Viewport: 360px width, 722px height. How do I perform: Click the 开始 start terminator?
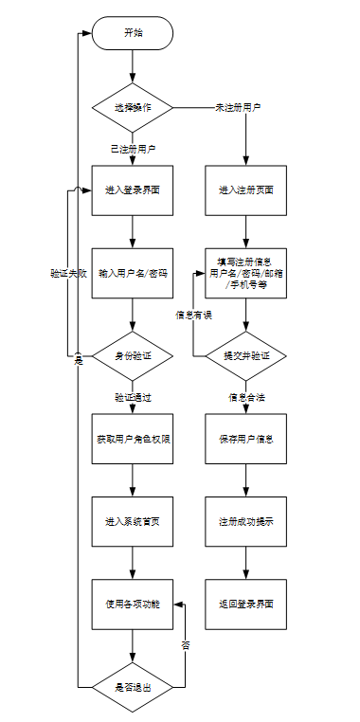(133, 33)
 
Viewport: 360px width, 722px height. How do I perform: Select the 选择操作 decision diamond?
(133, 108)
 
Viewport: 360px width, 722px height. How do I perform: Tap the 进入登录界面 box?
(133, 190)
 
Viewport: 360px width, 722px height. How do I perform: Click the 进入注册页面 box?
(245, 190)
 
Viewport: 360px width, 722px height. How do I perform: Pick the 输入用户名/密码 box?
(133, 274)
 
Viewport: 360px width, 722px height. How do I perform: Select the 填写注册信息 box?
(245, 274)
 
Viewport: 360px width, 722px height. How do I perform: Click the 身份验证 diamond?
(133, 356)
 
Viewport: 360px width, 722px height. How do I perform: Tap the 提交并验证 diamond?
(245, 356)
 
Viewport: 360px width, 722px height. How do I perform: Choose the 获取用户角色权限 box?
(133, 439)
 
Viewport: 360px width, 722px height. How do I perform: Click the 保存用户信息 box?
(245, 439)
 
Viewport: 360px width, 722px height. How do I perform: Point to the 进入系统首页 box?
(133, 522)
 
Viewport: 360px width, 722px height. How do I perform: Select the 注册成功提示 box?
(245, 522)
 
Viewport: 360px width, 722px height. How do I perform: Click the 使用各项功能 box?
(133, 605)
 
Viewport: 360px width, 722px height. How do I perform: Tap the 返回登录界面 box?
(245, 605)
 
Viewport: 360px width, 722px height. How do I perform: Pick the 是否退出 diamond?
(133, 688)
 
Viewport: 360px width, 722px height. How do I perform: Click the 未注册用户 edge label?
(238, 108)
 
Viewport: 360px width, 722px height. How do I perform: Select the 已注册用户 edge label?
(133, 149)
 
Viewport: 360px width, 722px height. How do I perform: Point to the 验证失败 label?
(68, 274)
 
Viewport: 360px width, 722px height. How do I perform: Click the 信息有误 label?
(194, 315)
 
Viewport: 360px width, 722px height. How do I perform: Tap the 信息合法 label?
(246, 397)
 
